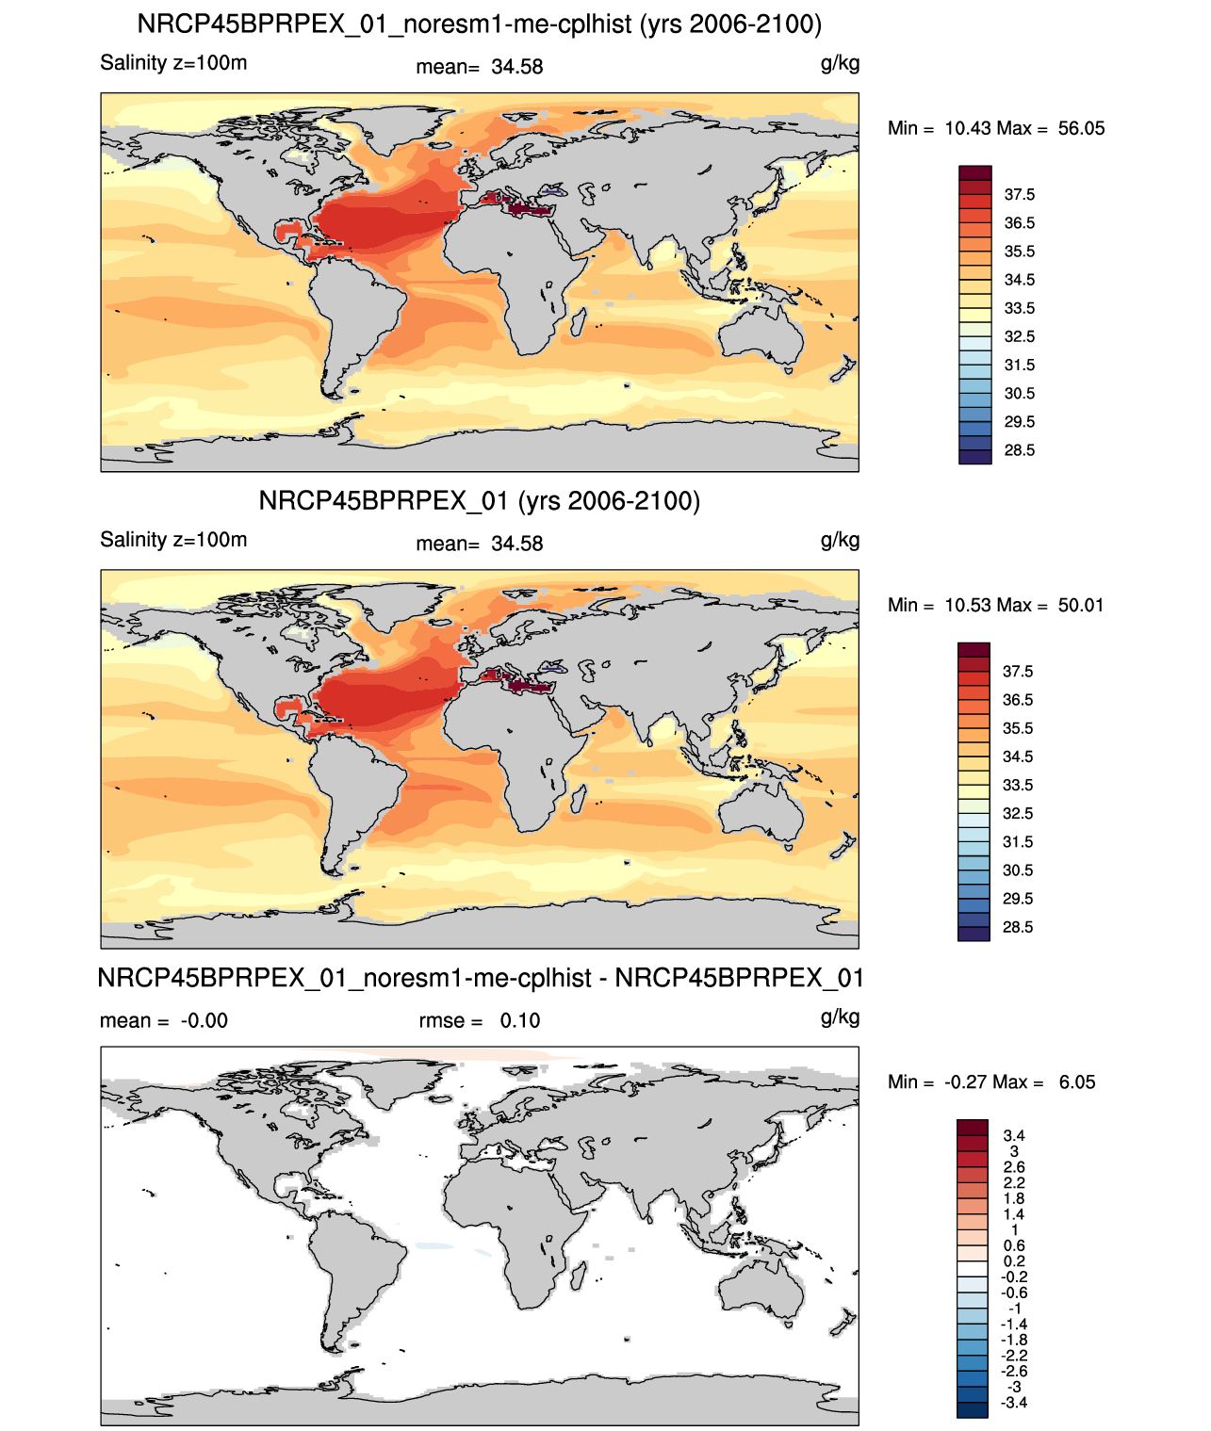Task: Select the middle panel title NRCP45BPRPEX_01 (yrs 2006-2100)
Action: click(x=479, y=500)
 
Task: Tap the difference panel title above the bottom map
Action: click(x=479, y=978)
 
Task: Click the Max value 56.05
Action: click(x=1081, y=128)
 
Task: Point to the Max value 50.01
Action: click(x=1080, y=605)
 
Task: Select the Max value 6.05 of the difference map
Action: click(x=1076, y=1082)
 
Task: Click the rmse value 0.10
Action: click(x=520, y=1020)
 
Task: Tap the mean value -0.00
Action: click(x=205, y=1020)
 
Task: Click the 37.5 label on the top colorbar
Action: click(x=1019, y=195)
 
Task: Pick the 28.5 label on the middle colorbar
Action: click(x=1018, y=927)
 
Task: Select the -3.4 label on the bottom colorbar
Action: click(x=1014, y=1404)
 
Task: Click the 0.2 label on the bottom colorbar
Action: click(x=1014, y=1261)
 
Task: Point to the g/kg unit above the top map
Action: click(x=840, y=64)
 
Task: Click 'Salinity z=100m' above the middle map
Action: click(x=173, y=539)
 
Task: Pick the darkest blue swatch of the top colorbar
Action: click(x=974, y=457)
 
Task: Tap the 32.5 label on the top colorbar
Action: click(x=1019, y=336)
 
